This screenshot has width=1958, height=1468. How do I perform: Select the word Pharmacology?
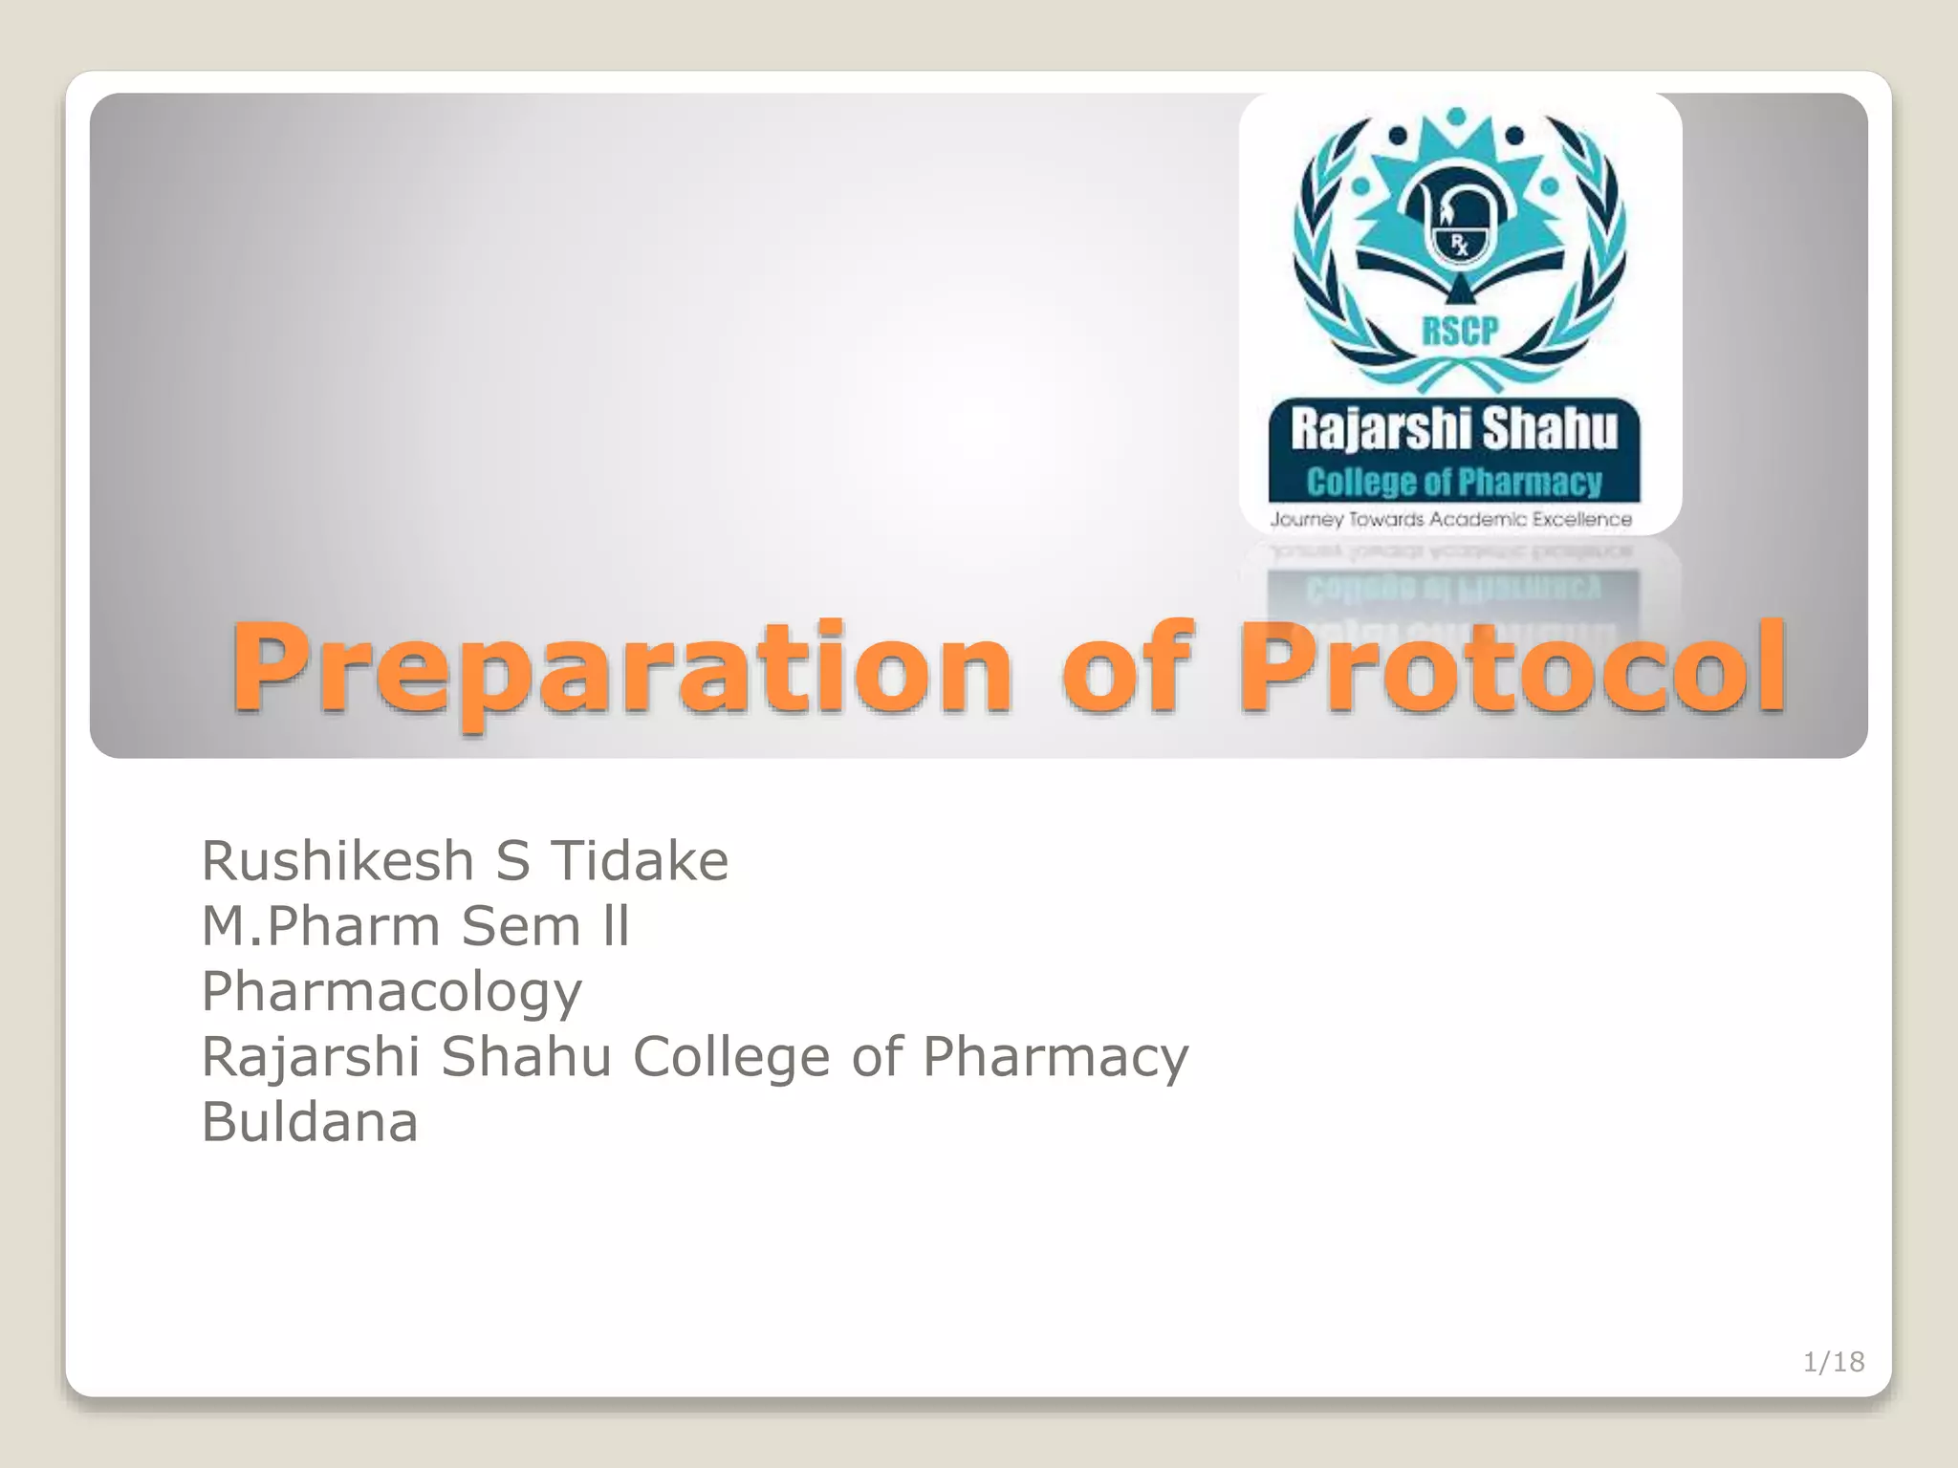[391, 992]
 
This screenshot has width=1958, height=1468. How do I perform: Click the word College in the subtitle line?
[731, 1057]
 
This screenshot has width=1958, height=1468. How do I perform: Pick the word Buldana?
[309, 1122]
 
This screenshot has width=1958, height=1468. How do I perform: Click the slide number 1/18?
[1833, 1362]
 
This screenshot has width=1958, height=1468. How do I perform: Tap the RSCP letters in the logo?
[1459, 331]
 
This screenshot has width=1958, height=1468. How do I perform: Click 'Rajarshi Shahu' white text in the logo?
[1454, 429]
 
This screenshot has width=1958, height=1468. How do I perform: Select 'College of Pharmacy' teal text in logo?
[1454, 482]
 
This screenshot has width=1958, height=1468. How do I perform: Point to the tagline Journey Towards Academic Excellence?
[1450, 520]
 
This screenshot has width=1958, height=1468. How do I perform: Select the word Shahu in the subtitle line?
[525, 1057]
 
